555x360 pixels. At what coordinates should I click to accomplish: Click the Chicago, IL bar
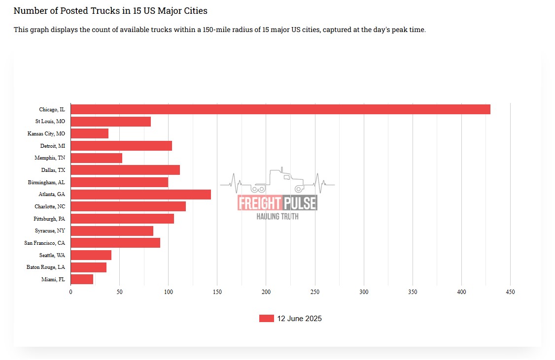pos(280,109)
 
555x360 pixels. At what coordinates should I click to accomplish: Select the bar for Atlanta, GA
pos(141,195)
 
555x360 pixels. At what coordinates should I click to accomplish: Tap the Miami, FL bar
pos(82,279)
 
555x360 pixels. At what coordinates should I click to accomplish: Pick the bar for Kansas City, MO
pos(90,133)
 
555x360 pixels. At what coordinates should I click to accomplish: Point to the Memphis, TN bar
pos(97,158)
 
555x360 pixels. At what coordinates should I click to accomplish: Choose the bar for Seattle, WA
pos(91,255)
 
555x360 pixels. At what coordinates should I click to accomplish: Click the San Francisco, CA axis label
pos(44,243)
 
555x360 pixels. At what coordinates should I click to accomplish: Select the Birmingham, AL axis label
pos(46,182)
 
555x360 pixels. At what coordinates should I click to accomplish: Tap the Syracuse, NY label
pos(50,231)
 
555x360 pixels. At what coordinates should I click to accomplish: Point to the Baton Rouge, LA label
pos(46,267)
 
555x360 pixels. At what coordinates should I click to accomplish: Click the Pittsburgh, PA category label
pos(49,219)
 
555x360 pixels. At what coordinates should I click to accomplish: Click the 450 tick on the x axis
pos(510,292)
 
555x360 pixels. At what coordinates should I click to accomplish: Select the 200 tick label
pos(266,292)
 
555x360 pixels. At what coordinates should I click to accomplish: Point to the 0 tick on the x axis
pos(70,292)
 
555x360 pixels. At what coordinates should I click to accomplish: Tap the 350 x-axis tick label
pos(413,292)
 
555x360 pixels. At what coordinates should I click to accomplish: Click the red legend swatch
pos(266,319)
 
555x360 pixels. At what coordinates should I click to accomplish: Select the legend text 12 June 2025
pos(299,319)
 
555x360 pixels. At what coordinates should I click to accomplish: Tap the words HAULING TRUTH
pos(277,216)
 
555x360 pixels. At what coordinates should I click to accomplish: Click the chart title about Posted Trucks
pos(110,10)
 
